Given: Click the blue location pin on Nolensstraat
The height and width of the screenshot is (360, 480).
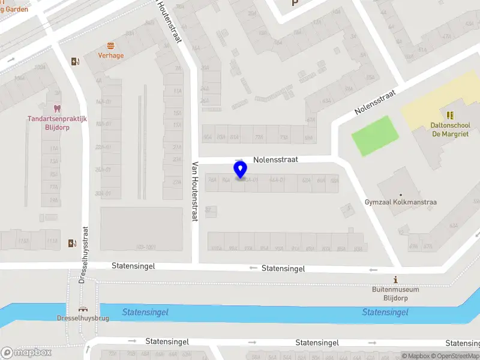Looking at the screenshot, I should click(x=241, y=170).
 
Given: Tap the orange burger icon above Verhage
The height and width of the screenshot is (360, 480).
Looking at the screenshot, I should click(x=110, y=46).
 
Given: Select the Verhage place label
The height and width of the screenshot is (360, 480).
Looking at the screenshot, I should click(x=111, y=56).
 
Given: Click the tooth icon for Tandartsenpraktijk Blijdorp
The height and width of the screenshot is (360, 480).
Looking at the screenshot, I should click(x=58, y=109).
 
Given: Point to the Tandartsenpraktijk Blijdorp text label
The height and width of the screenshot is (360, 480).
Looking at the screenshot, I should click(x=58, y=122).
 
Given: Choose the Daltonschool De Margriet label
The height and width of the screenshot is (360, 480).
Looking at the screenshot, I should click(x=450, y=130).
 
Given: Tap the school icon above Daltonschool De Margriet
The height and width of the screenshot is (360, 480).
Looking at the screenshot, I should click(x=450, y=115).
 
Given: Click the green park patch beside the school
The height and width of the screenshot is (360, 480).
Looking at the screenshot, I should click(x=374, y=135).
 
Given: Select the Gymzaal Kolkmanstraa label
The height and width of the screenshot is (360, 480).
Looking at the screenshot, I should click(x=400, y=202).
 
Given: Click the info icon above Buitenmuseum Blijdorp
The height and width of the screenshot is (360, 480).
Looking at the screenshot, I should click(x=395, y=280).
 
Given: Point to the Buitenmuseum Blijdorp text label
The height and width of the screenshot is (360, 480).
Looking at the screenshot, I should click(x=395, y=294).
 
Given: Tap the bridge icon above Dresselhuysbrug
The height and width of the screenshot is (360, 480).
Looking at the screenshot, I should click(x=83, y=309).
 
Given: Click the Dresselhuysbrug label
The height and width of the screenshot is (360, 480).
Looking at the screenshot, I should click(x=83, y=318).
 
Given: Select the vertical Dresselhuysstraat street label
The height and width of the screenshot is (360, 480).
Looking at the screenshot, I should click(x=84, y=254).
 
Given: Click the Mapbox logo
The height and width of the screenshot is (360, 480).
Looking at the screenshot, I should click(x=26, y=352).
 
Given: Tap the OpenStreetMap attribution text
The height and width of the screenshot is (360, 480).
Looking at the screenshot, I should click(x=453, y=356).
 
